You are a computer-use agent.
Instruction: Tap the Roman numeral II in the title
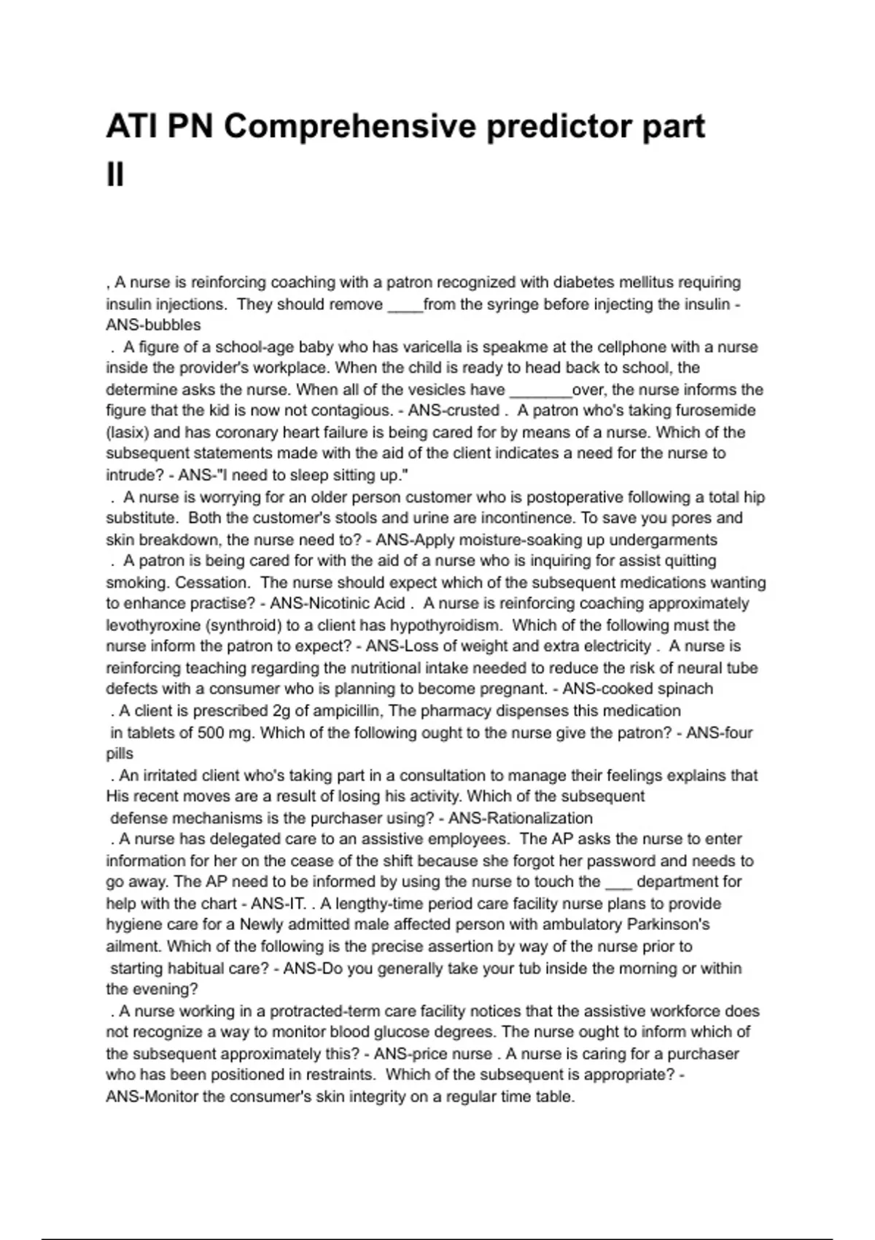115,175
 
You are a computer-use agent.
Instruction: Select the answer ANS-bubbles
153,325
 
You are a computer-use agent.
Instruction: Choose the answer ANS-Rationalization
520,818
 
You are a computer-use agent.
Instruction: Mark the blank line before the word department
618,883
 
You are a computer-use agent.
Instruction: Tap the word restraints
338,1075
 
